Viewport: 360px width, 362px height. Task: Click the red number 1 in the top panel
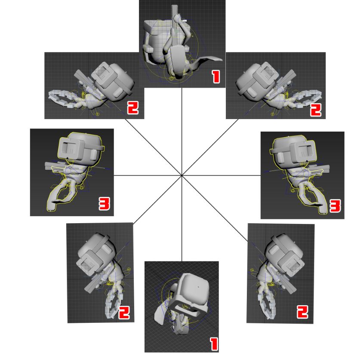(x=216, y=77)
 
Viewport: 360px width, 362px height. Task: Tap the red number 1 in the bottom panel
(x=214, y=344)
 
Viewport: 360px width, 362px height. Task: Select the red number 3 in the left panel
(x=105, y=204)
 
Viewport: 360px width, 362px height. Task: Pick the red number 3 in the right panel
(x=335, y=206)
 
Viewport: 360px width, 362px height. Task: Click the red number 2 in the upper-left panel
(x=133, y=107)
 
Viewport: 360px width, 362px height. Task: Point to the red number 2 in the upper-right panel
(x=316, y=110)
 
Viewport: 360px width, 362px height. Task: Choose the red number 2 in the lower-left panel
(x=124, y=313)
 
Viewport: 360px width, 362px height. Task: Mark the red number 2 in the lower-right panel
(x=302, y=311)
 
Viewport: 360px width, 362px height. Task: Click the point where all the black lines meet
(x=182, y=175)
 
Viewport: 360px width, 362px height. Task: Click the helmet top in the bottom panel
(x=194, y=289)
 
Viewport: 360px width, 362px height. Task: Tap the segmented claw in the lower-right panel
(x=266, y=302)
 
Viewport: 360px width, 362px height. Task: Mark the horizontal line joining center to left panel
(x=148, y=176)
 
